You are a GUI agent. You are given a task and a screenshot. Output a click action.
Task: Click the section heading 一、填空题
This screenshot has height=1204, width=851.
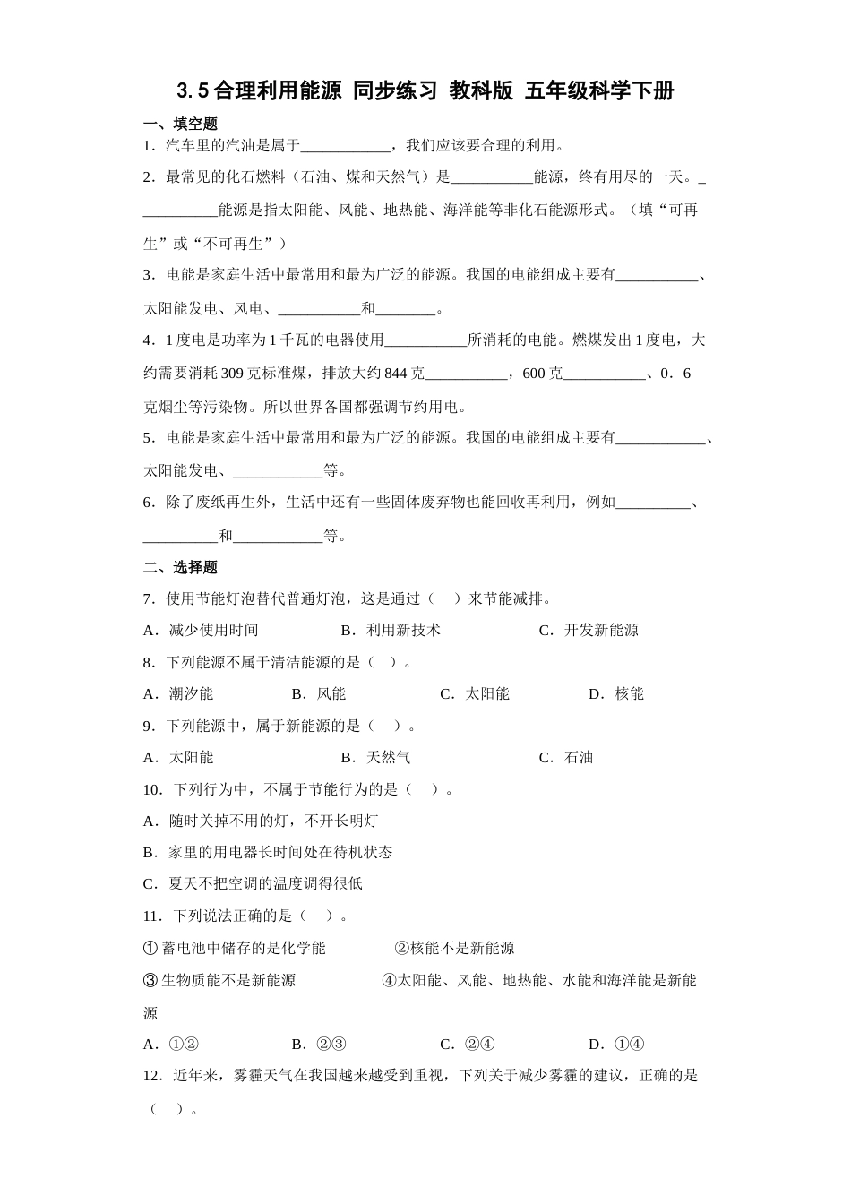(180, 124)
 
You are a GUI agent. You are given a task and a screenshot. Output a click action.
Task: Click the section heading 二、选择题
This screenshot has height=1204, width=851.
(180, 567)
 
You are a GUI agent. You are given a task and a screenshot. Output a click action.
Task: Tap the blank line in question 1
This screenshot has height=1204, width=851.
(345, 146)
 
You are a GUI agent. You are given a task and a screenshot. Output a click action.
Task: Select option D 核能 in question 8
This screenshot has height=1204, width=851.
(616, 693)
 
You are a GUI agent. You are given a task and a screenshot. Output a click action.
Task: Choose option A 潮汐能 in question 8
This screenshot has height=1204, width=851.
(179, 693)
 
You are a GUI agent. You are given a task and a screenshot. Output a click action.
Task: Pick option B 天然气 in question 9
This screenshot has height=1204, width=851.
(376, 757)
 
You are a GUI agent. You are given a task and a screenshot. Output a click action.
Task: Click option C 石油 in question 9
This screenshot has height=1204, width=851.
(566, 757)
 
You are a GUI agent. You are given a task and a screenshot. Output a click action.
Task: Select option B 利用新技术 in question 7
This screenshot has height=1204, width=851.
(391, 630)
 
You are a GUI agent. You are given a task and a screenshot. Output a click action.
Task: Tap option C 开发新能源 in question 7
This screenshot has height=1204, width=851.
(589, 630)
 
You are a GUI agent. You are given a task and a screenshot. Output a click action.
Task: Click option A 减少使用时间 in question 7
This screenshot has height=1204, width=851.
(202, 630)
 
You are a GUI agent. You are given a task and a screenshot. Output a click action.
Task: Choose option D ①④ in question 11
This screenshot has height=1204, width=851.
(617, 1044)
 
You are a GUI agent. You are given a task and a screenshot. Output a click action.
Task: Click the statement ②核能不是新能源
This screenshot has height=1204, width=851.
(454, 948)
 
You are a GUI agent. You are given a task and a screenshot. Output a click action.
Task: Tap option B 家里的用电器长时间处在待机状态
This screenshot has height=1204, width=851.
(268, 852)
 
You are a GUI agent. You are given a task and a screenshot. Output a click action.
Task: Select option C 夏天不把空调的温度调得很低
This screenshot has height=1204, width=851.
(253, 883)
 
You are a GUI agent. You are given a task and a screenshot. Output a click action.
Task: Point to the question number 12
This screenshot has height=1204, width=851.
(152, 1075)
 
